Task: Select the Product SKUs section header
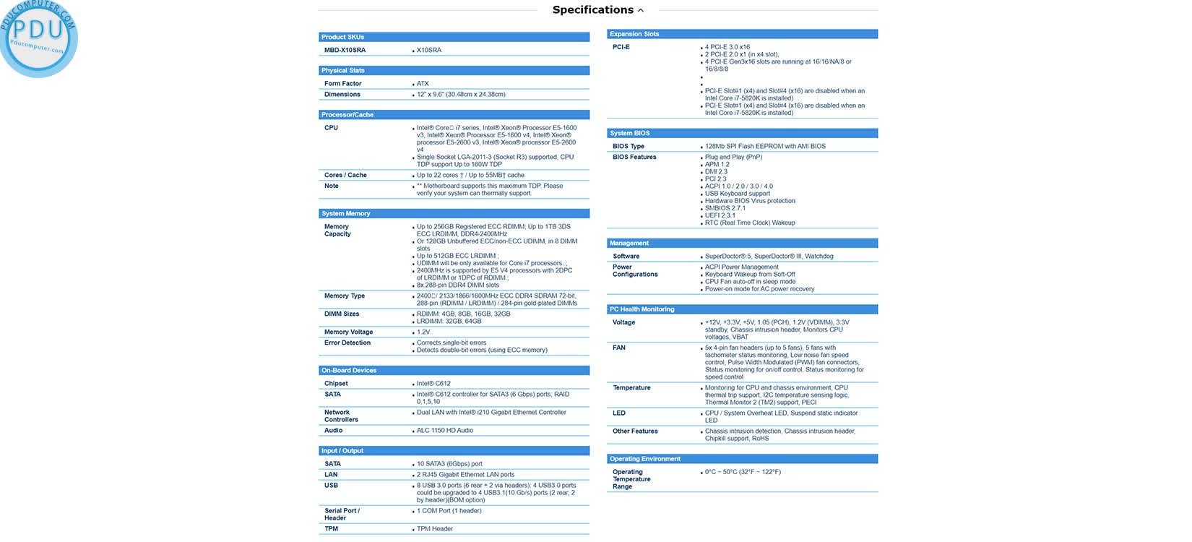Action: click(x=342, y=37)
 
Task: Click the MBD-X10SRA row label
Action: click(x=345, y=51)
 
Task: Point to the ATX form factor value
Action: click(x=423, y=84)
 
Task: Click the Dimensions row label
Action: click(x=342, y=95)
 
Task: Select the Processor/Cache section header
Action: click(x=347, y=115)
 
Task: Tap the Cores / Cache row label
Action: click(x=345, y=176)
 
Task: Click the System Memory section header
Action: click(x=345, y=214)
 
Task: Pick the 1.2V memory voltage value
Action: click(x=423, y=332)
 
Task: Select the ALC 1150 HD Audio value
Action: click(x=445, y=431)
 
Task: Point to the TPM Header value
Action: click(x=435, y=529)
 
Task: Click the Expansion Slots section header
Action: click(x=634, y=34)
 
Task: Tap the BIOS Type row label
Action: click(x=629, y=147)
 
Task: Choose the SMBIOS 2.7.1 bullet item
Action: click(x=725, y=208)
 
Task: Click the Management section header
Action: click(x=629, y=244)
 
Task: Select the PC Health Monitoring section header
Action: click(x=642, y=309)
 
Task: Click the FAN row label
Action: click(x=619, y=348)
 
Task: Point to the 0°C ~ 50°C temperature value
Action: click(x=743, y=473)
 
